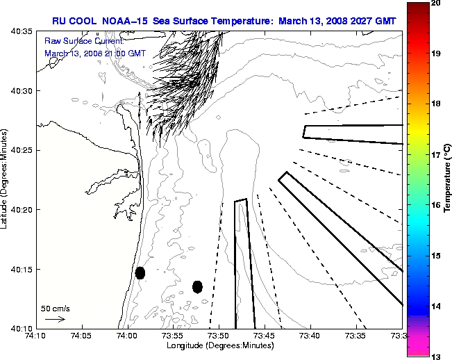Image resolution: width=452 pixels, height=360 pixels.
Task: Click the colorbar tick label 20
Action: coord(437,3)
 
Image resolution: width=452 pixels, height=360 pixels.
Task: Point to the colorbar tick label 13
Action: coord(437,356)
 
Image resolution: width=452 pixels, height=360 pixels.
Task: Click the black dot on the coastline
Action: coord(140,272)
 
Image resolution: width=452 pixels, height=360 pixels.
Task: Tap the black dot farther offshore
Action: coord(197,286)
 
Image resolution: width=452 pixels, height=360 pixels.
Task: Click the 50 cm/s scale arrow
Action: coord(54,319)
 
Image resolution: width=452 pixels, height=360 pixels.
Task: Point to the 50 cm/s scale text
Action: coord(56,308)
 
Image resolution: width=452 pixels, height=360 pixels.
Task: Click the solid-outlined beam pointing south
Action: coord(244,264)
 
